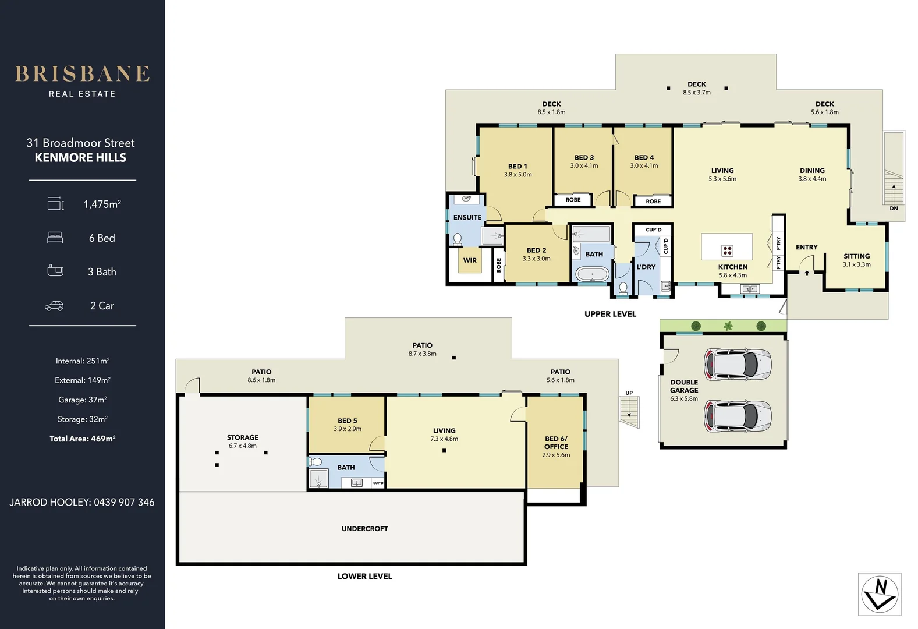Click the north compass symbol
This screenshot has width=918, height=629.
point(880,594)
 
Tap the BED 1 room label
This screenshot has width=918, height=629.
point(518,166)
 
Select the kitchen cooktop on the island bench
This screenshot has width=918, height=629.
point(727,250)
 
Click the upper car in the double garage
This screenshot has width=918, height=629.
point(738,364)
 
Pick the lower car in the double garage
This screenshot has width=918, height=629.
point(738,416)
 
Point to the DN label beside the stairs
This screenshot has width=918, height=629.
point(894,209)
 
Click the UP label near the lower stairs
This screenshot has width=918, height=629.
point(629,393)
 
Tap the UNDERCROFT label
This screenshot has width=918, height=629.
point(365,529)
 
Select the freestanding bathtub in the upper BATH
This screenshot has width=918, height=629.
point(592,274)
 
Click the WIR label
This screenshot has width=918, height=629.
point(470,260)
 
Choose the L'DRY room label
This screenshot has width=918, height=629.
point(646,267)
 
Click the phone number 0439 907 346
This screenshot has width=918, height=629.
point(124,502)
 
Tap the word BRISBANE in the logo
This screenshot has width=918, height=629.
point(83,74)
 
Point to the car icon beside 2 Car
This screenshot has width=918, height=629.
point(54,306)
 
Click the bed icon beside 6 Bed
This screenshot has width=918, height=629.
point(55,238)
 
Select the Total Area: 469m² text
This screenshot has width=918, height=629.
point(83,439)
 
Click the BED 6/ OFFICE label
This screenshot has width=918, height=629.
point(556,443)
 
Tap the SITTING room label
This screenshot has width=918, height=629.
point(856,256)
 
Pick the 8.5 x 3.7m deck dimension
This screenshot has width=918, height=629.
point(697,93)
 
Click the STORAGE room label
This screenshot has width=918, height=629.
point(243,437)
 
